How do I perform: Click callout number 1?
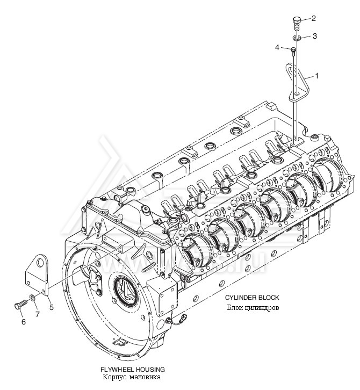(316, 76)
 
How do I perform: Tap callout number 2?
(313, 18)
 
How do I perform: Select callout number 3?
(314, 36)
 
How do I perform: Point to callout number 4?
(278, 47)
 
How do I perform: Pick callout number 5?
(51, 307)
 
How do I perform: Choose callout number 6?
(23, 322)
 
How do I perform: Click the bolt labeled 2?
(297, 23)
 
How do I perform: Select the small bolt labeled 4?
(293, 52)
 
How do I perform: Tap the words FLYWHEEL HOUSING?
(133, 370)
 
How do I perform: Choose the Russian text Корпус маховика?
(132, 379)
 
